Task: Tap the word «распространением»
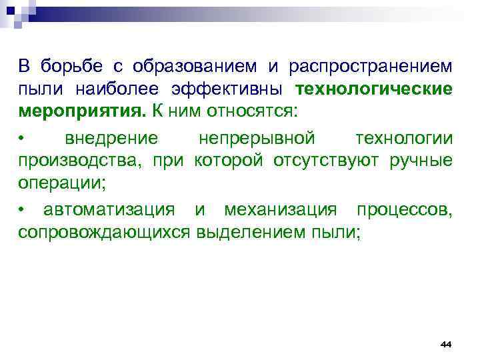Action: click(x=371, y=67)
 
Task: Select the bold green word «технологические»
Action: click(x=374, y=89)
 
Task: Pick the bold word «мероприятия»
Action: click(x=79, y=111)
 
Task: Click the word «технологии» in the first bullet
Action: click(x=404, y=139)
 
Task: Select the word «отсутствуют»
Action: click(x=335, y=161)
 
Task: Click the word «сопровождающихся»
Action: click(x=104, y=233)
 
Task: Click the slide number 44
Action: click(x=445, y=343)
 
